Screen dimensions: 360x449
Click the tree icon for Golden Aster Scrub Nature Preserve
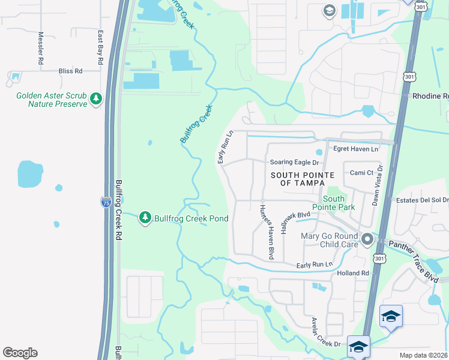pos(95,99)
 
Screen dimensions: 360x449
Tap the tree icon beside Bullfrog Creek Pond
pos(145,218)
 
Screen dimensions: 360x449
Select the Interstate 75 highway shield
pos(106,202)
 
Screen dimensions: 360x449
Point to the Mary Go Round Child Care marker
pos(367,240)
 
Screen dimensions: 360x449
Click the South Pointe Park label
pos(334,203)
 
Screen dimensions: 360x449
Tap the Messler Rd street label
pos(41,48)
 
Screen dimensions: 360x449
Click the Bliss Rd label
pos(70,71)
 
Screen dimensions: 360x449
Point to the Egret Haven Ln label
pos(357,149)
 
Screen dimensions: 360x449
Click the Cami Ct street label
pos(362,172)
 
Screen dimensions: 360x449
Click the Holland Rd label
pos(352,274)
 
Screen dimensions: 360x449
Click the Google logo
pos(20,353)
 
